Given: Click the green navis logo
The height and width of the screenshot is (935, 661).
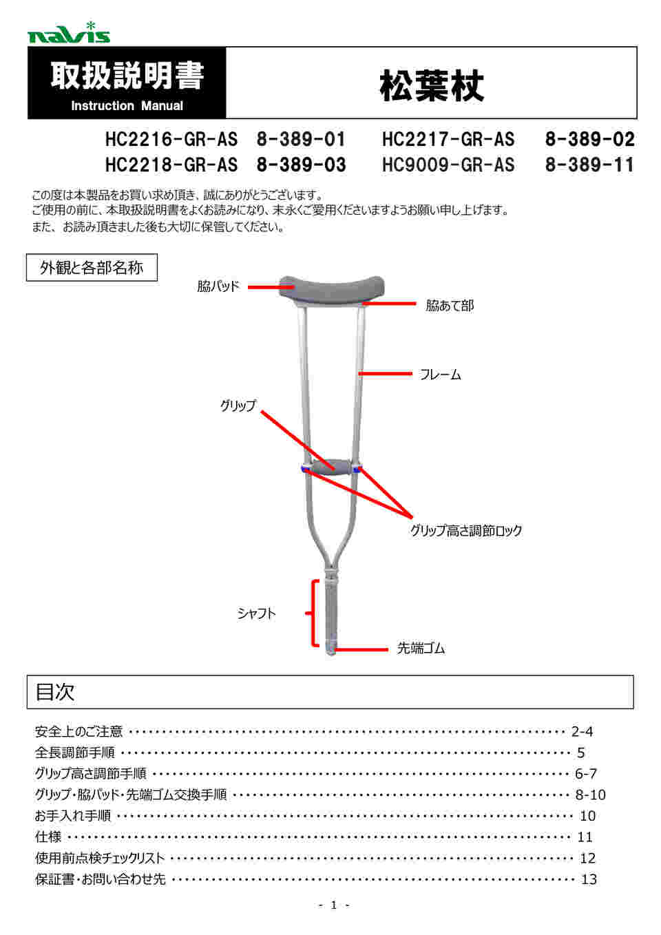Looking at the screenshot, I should click(68, 33).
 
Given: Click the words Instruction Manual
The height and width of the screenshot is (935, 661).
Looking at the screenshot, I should click(127, 106).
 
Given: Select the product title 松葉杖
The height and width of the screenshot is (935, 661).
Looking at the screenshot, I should click(432, 86).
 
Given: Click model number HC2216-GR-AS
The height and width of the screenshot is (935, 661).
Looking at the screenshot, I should click(171, 140).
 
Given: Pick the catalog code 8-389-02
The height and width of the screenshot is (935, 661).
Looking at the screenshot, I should click(589, 140).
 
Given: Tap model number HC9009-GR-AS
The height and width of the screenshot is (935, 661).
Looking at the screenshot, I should click(448, 165).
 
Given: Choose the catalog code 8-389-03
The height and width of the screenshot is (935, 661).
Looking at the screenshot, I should click(301, 165).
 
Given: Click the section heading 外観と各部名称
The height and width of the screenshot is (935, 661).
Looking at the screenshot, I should click(92, 268).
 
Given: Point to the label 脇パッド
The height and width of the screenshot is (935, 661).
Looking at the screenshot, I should click(218, 286).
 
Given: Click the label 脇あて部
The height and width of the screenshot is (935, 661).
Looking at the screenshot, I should click(450, 306).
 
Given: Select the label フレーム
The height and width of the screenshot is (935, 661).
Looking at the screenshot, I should click(441, 375).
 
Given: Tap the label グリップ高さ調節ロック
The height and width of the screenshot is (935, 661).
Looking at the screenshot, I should click(466, 531).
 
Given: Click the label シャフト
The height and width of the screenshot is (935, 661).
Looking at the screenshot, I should click(257, 613).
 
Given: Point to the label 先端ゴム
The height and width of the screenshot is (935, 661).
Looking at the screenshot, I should click(421, 649).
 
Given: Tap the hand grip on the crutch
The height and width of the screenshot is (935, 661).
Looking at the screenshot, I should click(331, 466).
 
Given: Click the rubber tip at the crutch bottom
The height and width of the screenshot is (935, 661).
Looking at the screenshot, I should click(331, 648).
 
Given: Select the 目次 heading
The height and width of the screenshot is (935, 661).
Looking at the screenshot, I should click(55, 692).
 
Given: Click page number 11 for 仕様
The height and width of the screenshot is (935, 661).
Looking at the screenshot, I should click(585, 837).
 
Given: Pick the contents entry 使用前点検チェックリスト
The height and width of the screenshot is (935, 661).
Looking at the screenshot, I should click(100, 859).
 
